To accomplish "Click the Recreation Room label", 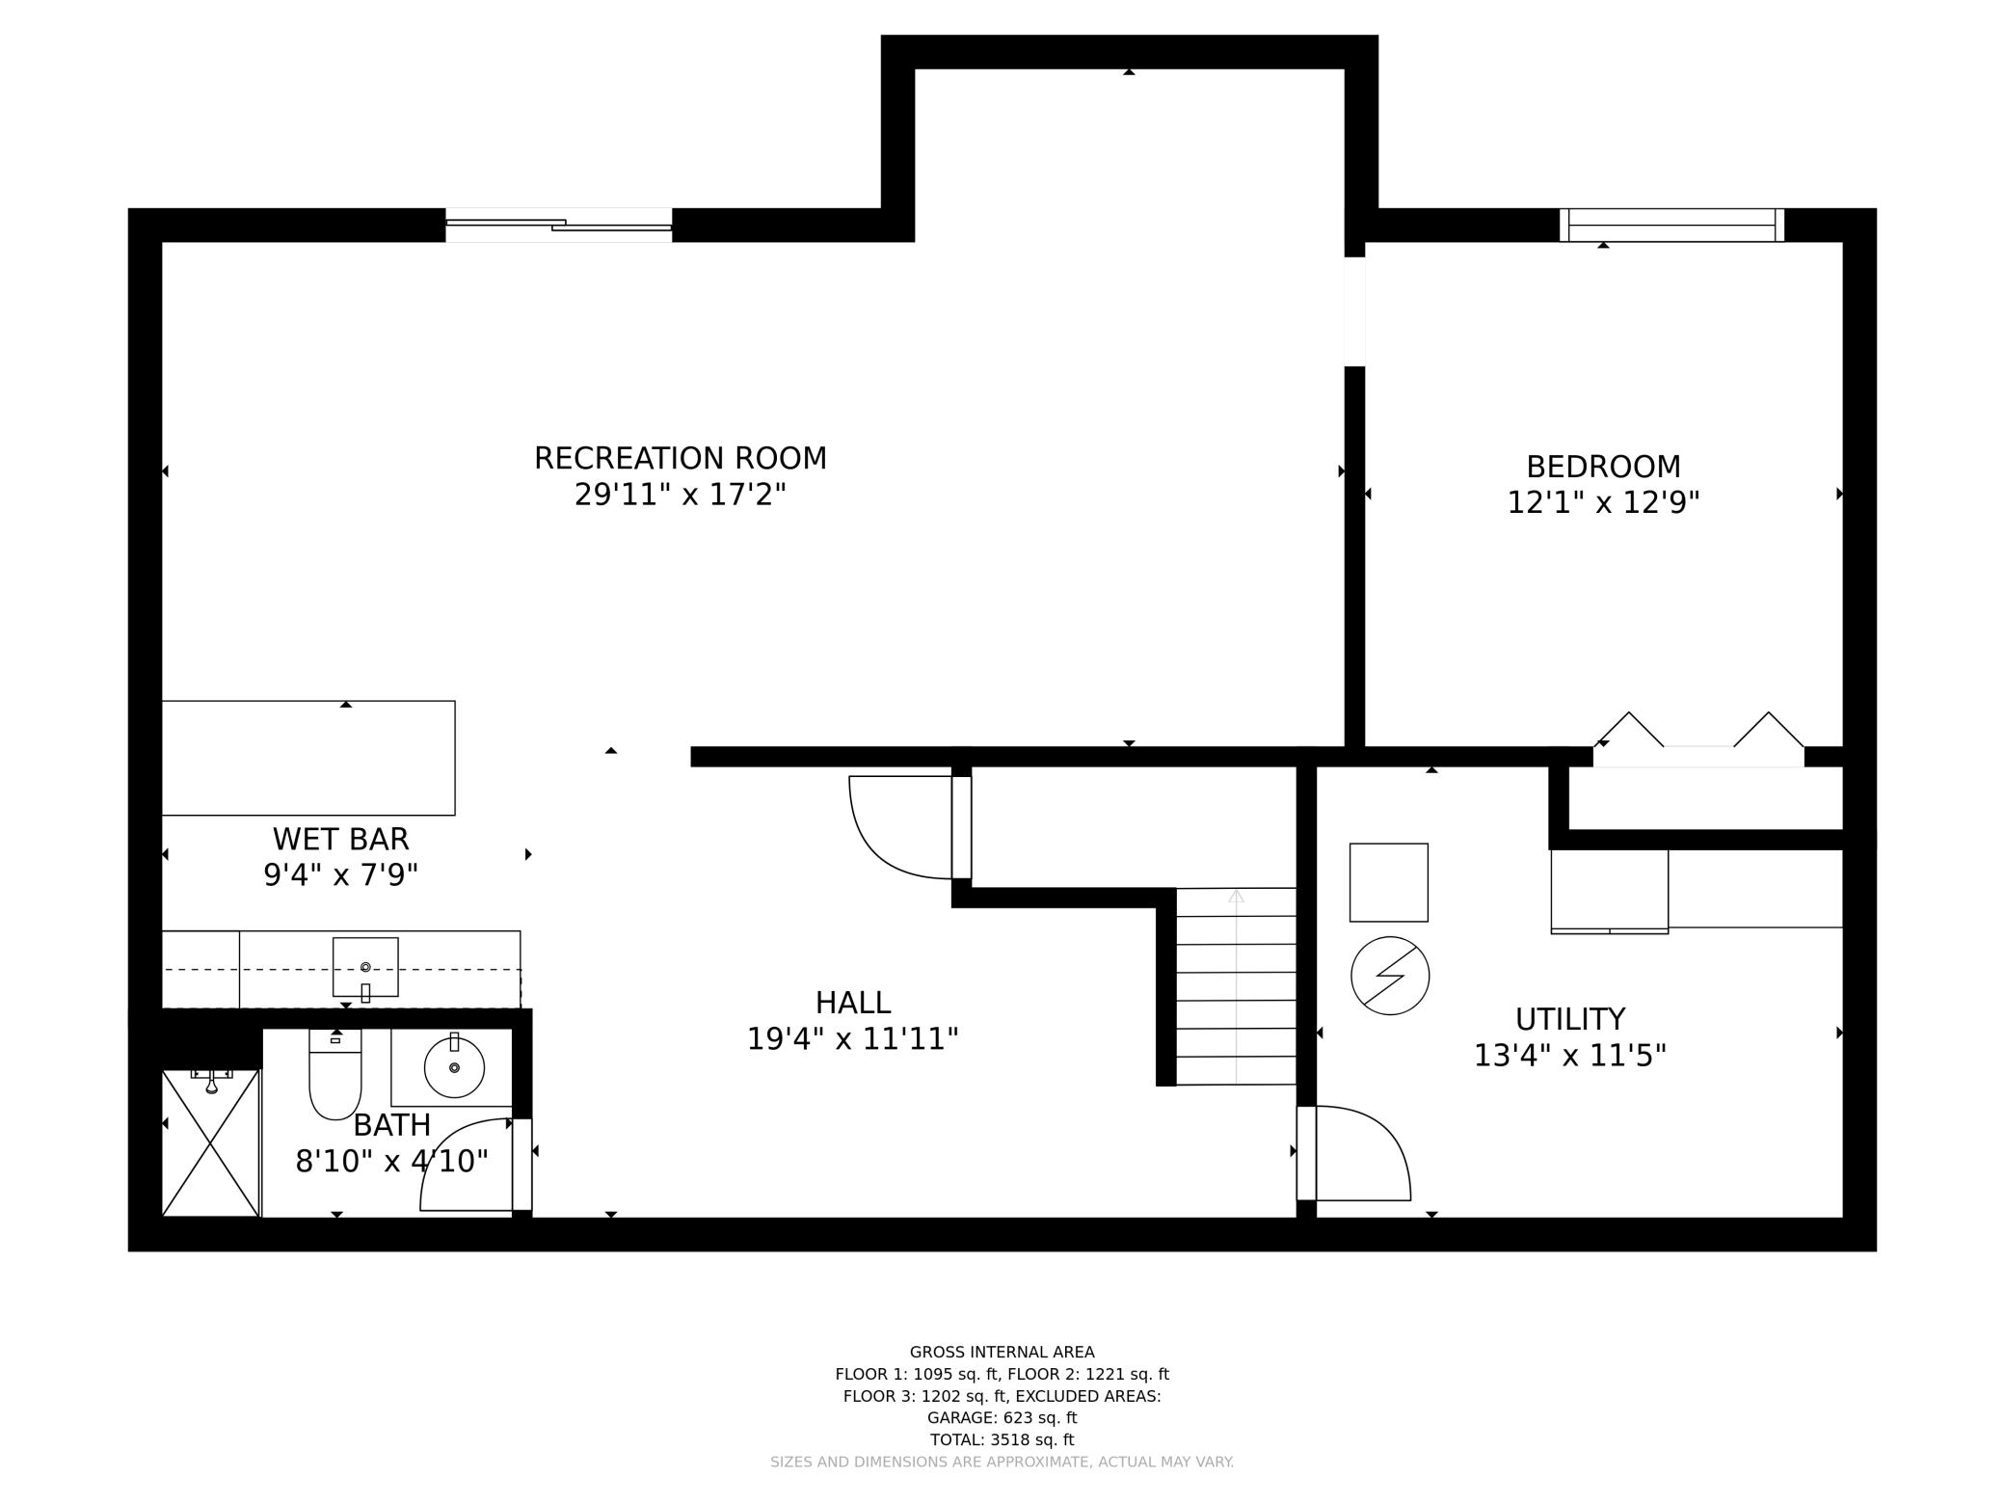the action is pos(681,458).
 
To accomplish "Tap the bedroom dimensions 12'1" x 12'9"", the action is pos(1603,502).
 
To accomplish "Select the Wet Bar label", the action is pos(341,839).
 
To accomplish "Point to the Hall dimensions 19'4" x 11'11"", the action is pos(853,1039).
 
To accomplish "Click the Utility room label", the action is pos(1570,1019).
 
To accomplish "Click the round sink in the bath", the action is pos(454,1067).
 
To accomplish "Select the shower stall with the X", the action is pos(211,1142).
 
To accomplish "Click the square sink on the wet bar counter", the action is pos(365,967).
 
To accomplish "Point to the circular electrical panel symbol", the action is pos(1390,976).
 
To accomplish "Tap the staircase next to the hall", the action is pos(1236,986).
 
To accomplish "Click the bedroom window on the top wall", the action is pos(1672,225).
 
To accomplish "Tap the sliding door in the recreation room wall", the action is pos(559,225).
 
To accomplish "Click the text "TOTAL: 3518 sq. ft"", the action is pos(1002,1439).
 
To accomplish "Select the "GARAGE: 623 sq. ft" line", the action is pos(1002,1417).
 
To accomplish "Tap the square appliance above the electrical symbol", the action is pos(1389,882).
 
